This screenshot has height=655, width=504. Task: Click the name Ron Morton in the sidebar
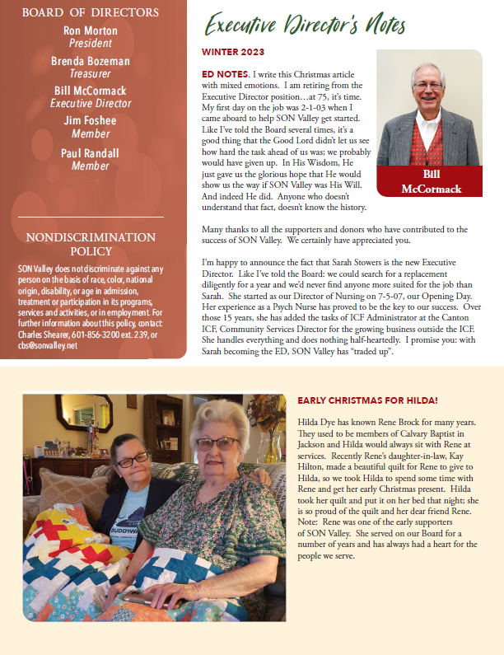(x=91, y=31)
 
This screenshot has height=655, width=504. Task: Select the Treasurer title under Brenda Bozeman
(x=91, y=73)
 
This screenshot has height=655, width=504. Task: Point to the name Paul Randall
(x=91, y=154)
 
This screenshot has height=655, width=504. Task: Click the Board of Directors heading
(x=91, y=12)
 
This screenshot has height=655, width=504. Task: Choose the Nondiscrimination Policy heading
(x=91, y=244)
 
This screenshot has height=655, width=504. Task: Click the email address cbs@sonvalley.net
(x=48, y=345)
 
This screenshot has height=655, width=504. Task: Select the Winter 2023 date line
(x=233, y=52)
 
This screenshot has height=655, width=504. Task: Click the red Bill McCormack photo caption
(x=429, y=182)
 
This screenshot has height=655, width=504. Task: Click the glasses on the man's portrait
(x=428, y=84)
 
